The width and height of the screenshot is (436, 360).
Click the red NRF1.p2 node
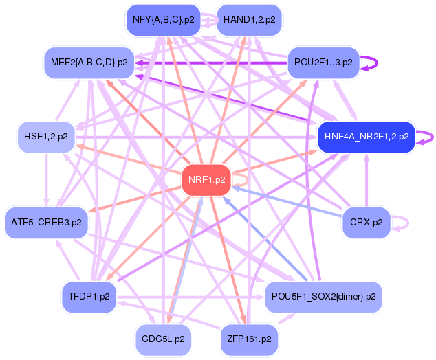206,180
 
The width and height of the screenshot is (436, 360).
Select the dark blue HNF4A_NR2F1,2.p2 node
367,137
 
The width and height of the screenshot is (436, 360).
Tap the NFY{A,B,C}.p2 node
164,20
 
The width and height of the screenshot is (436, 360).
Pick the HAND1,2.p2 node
249,20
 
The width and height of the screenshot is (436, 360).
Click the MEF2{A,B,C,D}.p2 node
89,63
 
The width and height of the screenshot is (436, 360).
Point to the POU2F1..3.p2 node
323,63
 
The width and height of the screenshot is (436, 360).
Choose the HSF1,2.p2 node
46,137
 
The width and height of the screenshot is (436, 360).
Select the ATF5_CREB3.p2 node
46,223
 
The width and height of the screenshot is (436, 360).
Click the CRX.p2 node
367,223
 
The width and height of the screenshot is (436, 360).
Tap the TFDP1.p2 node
89,297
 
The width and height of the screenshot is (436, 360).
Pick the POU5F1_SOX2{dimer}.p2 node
323,297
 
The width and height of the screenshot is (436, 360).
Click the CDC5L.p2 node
163,339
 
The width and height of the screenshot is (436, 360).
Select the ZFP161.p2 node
249,339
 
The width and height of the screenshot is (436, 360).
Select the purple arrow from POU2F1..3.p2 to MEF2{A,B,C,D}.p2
211,63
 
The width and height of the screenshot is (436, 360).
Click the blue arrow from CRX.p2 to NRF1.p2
287,202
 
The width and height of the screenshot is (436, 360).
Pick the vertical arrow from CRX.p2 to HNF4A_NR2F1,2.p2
367,180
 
